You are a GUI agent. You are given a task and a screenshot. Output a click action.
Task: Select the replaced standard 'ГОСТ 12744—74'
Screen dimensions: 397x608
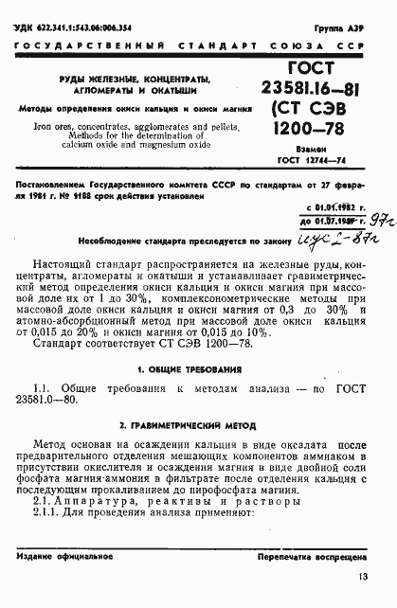[312, 163]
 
